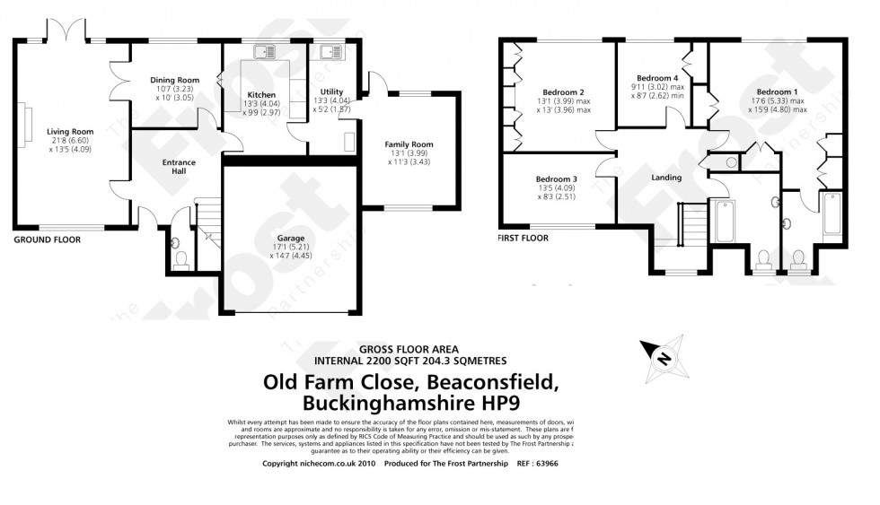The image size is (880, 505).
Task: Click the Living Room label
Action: (70, 131)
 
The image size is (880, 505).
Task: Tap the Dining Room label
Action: (173, 80)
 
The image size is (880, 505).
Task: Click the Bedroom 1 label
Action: (777, 91)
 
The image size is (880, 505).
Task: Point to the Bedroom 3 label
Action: (556, 178)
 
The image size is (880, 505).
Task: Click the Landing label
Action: (666, 178)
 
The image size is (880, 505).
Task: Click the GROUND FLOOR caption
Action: (47, 240)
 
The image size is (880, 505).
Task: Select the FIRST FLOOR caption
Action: (523, 239)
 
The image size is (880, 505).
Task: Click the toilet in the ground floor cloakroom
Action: (181, 258)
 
